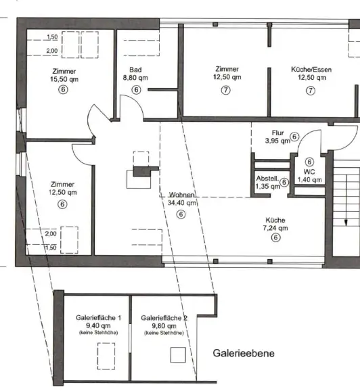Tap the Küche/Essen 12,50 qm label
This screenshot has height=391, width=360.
(311, 74)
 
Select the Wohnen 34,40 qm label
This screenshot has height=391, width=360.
(181, 198)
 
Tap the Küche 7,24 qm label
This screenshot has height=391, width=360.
(275, 225)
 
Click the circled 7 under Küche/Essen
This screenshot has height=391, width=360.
(311, 91)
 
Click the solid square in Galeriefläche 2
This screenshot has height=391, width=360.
(178, 354)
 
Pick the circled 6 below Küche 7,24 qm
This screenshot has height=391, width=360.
(275, 238)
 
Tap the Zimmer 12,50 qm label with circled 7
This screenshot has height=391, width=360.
(227, 74)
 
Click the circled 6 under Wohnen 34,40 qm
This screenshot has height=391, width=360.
(181, 214)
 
